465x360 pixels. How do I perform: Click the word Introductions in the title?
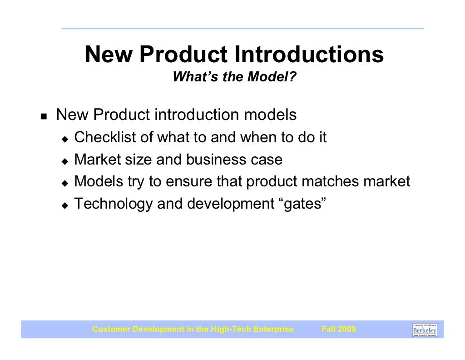tap(309, 55)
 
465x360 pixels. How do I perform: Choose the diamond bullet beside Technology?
tap(64, 205)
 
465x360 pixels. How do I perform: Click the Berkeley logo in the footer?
tap(425, 330)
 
